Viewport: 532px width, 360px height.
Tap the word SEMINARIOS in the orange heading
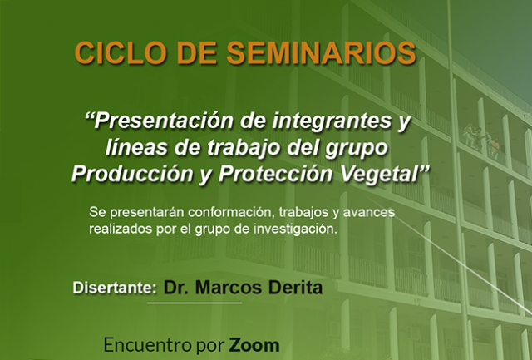point(321,53)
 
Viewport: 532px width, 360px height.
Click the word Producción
point(132,175)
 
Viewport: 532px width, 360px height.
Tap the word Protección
point(276,175)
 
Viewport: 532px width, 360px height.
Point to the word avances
point(369,212)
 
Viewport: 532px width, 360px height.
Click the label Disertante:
point(115,288)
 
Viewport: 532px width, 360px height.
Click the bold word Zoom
point(254,345)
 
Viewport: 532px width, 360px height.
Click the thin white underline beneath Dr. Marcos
point(195,303)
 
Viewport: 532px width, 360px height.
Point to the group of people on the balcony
point(482,140)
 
